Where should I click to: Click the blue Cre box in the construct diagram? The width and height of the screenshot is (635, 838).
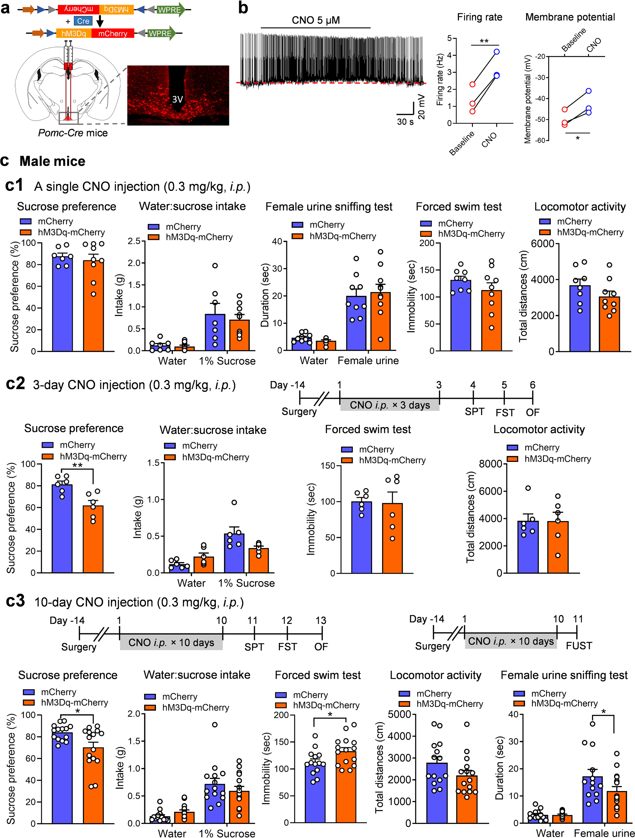(83, 21)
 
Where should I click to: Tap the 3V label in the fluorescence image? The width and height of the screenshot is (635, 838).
(177, 99)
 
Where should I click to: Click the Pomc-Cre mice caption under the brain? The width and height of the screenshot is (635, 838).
(73, 133)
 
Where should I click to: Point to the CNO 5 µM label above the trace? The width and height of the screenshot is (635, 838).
(315, 20)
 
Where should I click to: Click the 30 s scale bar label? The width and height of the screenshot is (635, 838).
(405, 122)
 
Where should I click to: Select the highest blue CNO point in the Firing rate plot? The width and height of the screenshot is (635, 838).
(497, 52)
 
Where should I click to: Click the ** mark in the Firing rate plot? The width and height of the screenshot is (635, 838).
(484, 41)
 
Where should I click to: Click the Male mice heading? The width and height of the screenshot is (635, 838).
(52, 161)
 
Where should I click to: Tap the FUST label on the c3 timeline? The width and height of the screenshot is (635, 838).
(578, 645)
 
